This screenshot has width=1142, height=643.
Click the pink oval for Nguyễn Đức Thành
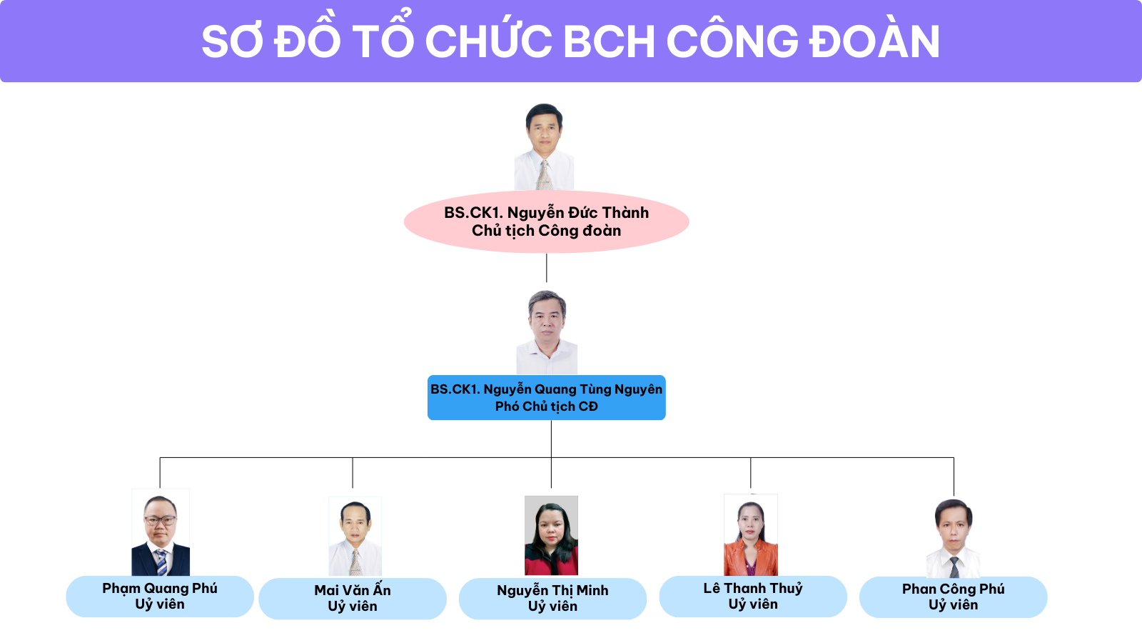click(547, 221)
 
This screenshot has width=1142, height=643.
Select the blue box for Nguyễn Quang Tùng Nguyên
click(547, 397)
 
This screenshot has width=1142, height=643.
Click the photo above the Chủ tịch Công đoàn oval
click(544, 147)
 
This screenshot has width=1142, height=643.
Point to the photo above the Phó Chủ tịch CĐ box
click(547, 332)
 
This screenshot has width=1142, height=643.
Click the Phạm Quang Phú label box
click(160, 597)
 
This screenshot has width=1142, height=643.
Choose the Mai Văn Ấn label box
click(353, 599)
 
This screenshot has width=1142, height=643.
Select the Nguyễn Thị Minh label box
click(552, 599)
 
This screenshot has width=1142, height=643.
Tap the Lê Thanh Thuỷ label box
click(753, 597)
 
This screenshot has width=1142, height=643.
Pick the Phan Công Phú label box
click(954, 597)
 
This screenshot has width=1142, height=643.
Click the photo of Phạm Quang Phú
click(161, 532)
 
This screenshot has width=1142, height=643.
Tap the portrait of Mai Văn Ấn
click(355, 537)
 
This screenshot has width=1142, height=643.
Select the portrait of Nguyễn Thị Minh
click(551, 535)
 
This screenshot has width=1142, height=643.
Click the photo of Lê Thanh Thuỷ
click(751, 535)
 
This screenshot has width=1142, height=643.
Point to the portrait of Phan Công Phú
click(954, 539)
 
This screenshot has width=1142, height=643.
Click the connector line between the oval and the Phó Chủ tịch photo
click(547, 268)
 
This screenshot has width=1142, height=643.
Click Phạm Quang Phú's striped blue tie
click(161, 562)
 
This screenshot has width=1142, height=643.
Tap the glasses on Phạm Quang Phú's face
click(161, 521)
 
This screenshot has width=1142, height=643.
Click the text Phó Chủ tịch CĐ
click(547, 407)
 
